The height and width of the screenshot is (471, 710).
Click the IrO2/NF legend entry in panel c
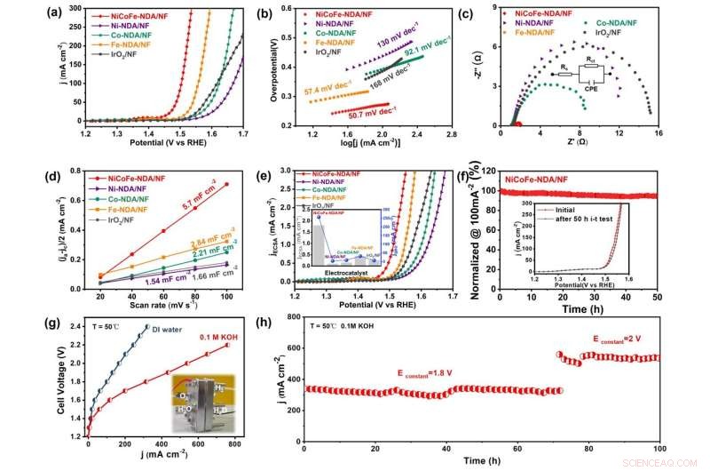coord(605,32)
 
